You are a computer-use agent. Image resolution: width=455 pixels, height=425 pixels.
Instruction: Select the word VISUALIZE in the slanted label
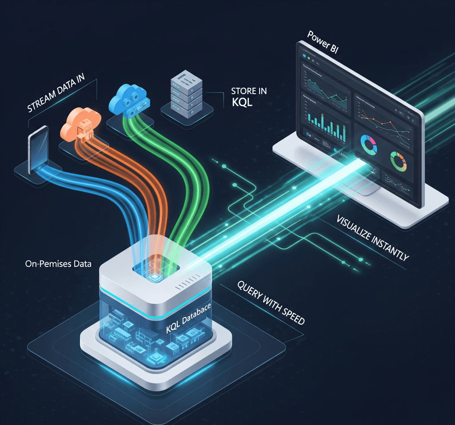(x=355, y=230)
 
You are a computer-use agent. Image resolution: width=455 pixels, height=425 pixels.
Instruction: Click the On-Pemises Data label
(x=58, y=264)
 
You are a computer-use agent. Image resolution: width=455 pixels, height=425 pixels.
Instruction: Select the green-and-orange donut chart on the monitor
(x=399, y=161)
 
